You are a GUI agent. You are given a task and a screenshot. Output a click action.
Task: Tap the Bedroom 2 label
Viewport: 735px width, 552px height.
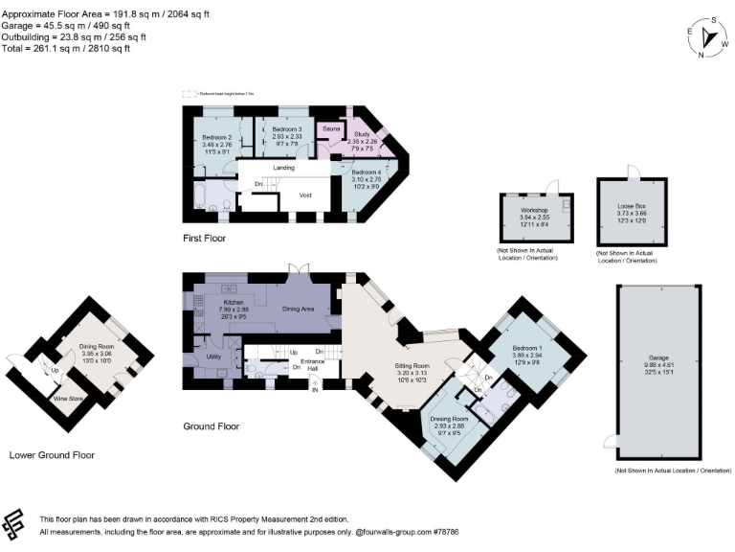(x=218, y=138)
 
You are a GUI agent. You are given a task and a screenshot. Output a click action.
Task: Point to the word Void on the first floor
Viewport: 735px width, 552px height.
(x=306, y=195)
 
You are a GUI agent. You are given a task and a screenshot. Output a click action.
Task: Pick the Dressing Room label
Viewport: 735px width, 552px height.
(x=448, y=420)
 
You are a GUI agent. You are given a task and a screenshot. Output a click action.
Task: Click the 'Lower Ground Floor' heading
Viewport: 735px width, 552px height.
(x=52, y=456)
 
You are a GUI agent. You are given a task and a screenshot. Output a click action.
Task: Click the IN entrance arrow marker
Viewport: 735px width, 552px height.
(x=314, y=388)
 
